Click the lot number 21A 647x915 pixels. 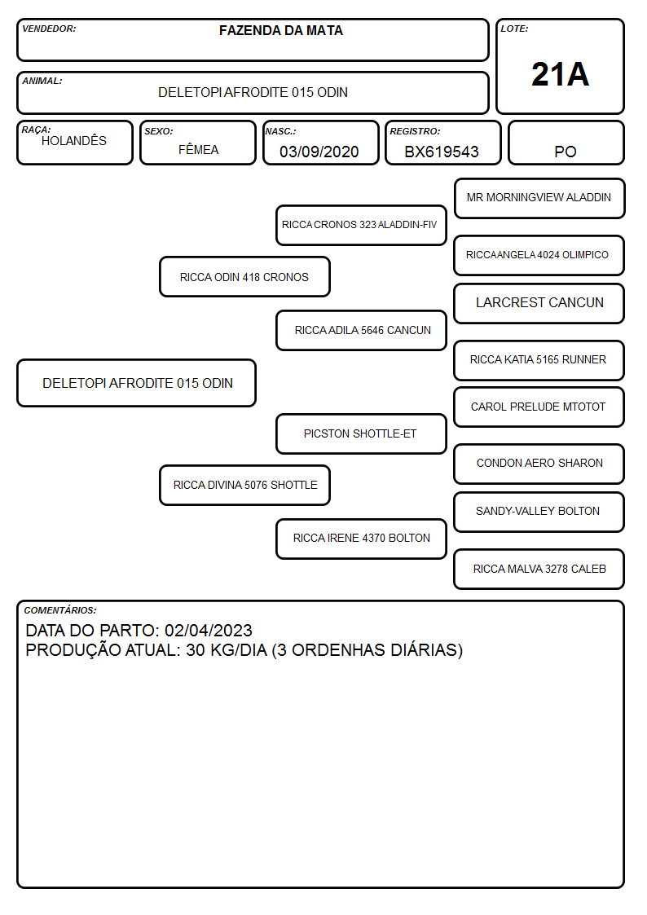coord(560,74)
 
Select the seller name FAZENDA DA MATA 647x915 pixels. coord(280,30)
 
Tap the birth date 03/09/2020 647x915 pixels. coord(319,152)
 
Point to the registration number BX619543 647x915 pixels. coord(442,152)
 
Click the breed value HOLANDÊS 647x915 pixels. coord(74,140)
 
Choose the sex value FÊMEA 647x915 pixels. coord(198,149)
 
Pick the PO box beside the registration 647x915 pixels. coord(566,143)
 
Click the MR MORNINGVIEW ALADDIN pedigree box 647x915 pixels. coord(539,199)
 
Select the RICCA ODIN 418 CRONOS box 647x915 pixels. coord(244,277)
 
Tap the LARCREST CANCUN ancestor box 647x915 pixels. coord(539,303)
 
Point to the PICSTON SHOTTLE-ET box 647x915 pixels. coord(361,433)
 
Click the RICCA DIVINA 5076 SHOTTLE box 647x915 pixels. coord(244,485)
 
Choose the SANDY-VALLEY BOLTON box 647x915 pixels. coord(539,512)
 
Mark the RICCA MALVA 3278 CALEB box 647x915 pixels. coord(539,569)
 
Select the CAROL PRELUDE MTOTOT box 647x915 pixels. coord(539,407)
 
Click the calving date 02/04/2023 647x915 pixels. coord(209,631)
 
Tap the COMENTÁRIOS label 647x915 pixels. coord(60,610)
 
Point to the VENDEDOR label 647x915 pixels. coord(49,29)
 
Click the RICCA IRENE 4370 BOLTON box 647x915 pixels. coord(361,539)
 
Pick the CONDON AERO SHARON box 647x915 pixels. coord(539,464)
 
